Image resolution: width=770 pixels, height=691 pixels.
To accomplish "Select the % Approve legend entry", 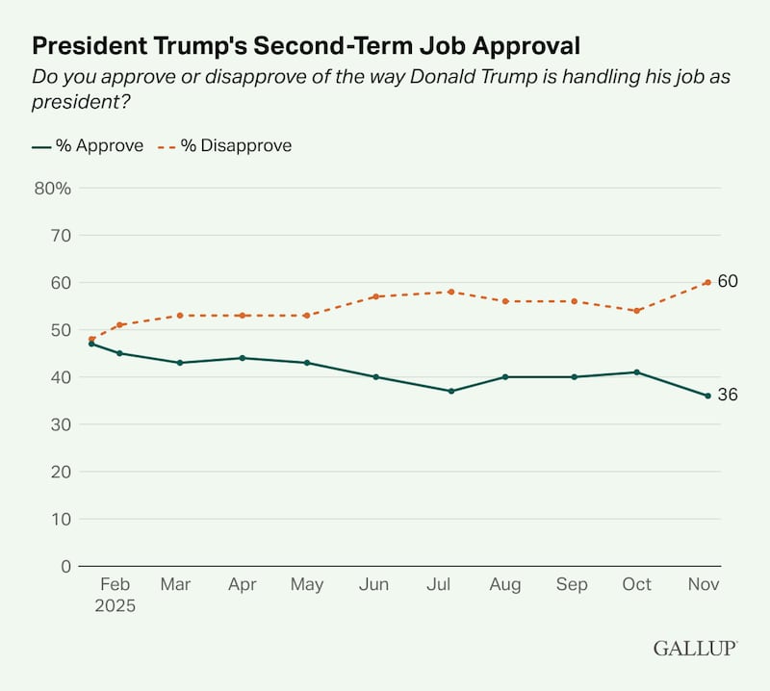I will [88, 146].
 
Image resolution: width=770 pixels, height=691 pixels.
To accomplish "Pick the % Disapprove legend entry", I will [227, 146].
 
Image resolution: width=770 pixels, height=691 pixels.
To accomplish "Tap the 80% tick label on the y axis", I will [53, 188].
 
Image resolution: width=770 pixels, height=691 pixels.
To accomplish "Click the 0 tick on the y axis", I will [66, 566].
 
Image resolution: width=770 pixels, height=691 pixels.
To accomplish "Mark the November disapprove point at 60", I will [707, 282].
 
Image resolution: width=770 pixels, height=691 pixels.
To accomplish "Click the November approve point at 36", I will [707, 396].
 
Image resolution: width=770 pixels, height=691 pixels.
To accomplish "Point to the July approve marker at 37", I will [450, 391].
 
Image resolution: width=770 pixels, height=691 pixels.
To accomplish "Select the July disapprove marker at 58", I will [450, 292].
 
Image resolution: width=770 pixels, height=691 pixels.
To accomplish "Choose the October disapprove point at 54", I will [636, 311].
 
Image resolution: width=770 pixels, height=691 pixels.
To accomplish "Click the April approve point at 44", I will [242, 358].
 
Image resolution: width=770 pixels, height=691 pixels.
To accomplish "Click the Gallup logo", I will [696, 648].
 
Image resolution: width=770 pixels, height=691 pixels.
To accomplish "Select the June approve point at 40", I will [375, 376].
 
